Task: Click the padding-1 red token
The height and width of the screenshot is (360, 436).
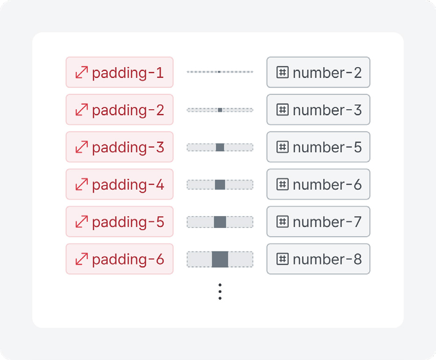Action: (120, 72)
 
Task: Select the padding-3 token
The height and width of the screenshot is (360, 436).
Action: (120, 147)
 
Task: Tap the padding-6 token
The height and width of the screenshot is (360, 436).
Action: (120, 259)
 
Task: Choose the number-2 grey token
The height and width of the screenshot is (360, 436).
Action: (318, 72)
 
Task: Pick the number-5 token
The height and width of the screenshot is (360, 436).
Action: (318, 147)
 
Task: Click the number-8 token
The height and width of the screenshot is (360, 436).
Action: (318, 259)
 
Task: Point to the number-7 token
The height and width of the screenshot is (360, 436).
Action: (318, 222)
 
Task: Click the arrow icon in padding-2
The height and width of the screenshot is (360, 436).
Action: (82, 110)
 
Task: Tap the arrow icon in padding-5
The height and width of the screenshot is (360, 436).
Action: (82, 222)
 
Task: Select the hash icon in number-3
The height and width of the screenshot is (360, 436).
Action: (283, 110)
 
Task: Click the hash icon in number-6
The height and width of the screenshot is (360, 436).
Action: (283, 184)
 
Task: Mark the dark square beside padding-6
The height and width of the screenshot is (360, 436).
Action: (220, 259)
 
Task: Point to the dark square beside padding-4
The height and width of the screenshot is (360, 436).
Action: (220, 185)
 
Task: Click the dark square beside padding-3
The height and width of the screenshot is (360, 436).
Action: (220, 147)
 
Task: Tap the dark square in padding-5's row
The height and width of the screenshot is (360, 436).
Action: (220, 222)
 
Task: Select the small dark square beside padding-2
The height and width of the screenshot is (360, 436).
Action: (220, 110)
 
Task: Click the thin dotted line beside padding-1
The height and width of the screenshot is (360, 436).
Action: (220, 72)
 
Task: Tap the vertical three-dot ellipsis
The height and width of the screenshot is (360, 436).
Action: (220, 291)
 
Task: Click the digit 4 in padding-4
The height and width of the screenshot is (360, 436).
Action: (160, 185)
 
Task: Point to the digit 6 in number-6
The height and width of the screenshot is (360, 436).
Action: (357, 185)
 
